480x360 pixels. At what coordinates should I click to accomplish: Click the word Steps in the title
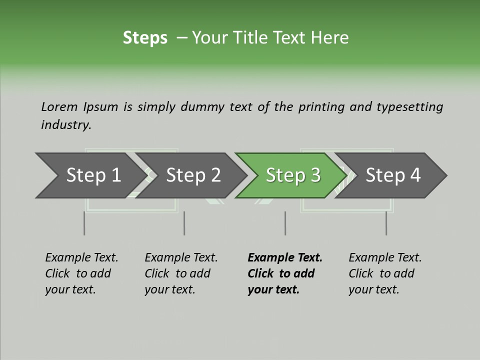145,38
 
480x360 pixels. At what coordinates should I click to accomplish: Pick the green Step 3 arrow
293,175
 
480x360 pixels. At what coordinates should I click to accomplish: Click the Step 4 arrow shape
393,175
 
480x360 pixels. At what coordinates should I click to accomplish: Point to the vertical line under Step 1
84,223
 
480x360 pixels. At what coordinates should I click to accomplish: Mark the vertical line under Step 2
184,223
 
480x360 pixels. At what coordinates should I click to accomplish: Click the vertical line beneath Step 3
285,223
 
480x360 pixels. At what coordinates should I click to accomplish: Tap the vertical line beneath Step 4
386,223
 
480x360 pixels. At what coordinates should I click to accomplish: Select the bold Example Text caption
285,273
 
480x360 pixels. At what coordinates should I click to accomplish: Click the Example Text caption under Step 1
81,273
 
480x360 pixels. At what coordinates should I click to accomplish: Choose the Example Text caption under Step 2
181,273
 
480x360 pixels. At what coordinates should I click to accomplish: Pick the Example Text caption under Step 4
385,273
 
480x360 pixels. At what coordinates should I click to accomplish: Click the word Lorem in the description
59,107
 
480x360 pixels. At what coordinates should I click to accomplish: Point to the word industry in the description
65,125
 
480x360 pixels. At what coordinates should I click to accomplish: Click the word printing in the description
320,107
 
